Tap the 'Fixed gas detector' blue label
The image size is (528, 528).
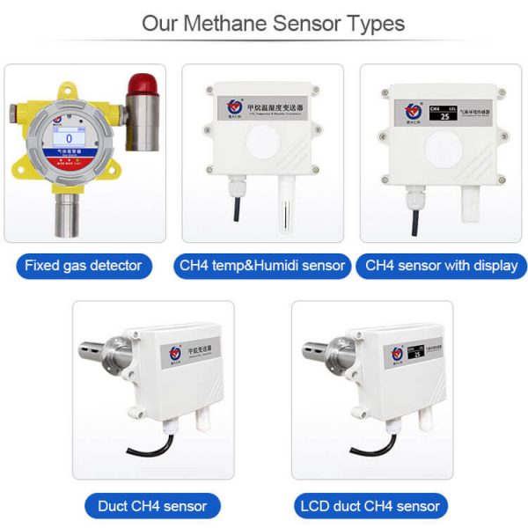[x=84, y=265]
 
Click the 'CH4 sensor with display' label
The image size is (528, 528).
[x=441, y=265]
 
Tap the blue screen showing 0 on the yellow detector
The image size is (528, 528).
[x=68, y=138]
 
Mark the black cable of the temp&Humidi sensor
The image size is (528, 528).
[x=236, y=211]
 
